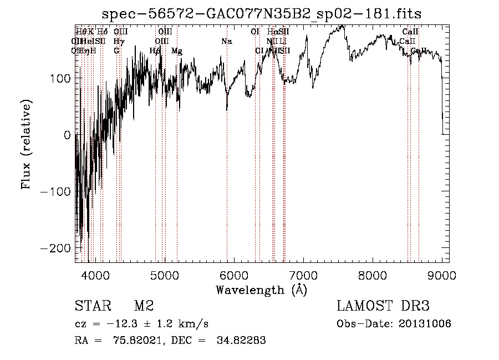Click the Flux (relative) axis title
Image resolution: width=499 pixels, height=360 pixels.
27,144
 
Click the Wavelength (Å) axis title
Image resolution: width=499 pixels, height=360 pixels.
261,290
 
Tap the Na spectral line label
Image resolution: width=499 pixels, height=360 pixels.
226,42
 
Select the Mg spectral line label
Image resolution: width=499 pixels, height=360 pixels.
177,51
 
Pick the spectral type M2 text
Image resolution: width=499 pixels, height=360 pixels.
144,306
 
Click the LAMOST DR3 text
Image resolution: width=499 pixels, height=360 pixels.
383,306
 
